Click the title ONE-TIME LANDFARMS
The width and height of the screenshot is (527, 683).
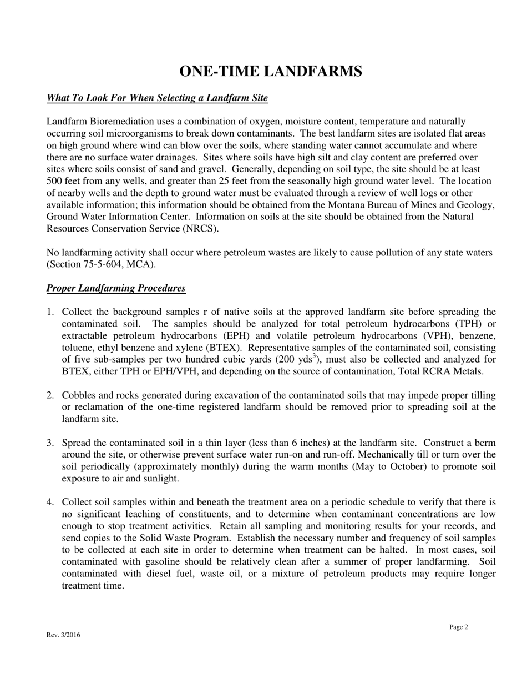tap(271, 72)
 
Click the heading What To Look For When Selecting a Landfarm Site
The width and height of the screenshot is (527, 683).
tap(157, 98)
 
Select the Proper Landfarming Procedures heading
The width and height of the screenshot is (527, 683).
tap(116, 288)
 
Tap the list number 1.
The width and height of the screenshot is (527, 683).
tap(50, 312)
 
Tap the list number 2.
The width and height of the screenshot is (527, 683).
tap(50, 395)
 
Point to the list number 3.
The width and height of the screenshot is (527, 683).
tap(50, 443)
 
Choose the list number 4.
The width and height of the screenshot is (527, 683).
tap(50, 503)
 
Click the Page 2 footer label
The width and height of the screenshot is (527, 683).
tap(459, 627)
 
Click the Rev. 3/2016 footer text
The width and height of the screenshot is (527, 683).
tap(63, 635)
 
